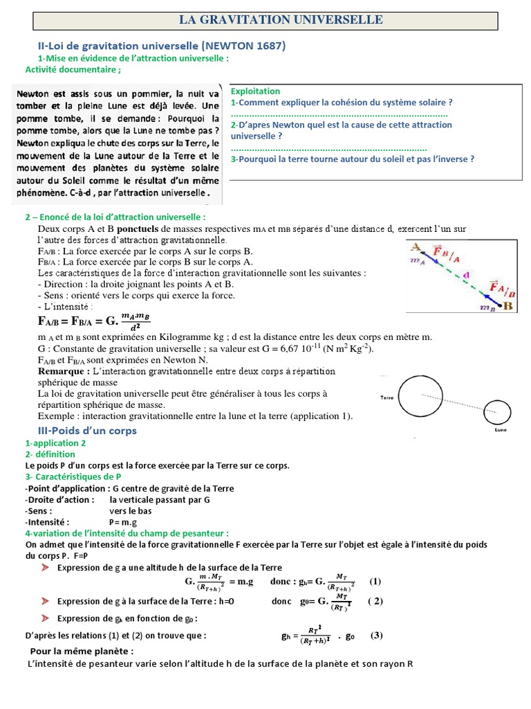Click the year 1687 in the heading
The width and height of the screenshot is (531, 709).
[x=269, y=46]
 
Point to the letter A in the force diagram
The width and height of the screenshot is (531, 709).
[x=416, y=246]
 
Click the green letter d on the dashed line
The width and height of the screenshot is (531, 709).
[x=467, y=274]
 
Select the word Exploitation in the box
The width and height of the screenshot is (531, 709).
[x=255, y=91]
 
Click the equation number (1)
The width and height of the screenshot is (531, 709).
[x=375, y=581]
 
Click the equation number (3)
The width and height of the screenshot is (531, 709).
[x=376, y=635]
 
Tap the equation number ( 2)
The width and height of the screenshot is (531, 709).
[x=375, y=601]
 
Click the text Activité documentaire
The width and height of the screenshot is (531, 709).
[x=73, y=69]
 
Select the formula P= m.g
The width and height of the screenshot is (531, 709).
[x=125, y=522]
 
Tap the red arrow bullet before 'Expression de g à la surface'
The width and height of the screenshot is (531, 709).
[x=45, y=600]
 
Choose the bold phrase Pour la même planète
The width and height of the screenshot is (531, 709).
[x=82, y=652]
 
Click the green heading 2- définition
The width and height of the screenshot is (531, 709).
[x=50, y=454]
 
